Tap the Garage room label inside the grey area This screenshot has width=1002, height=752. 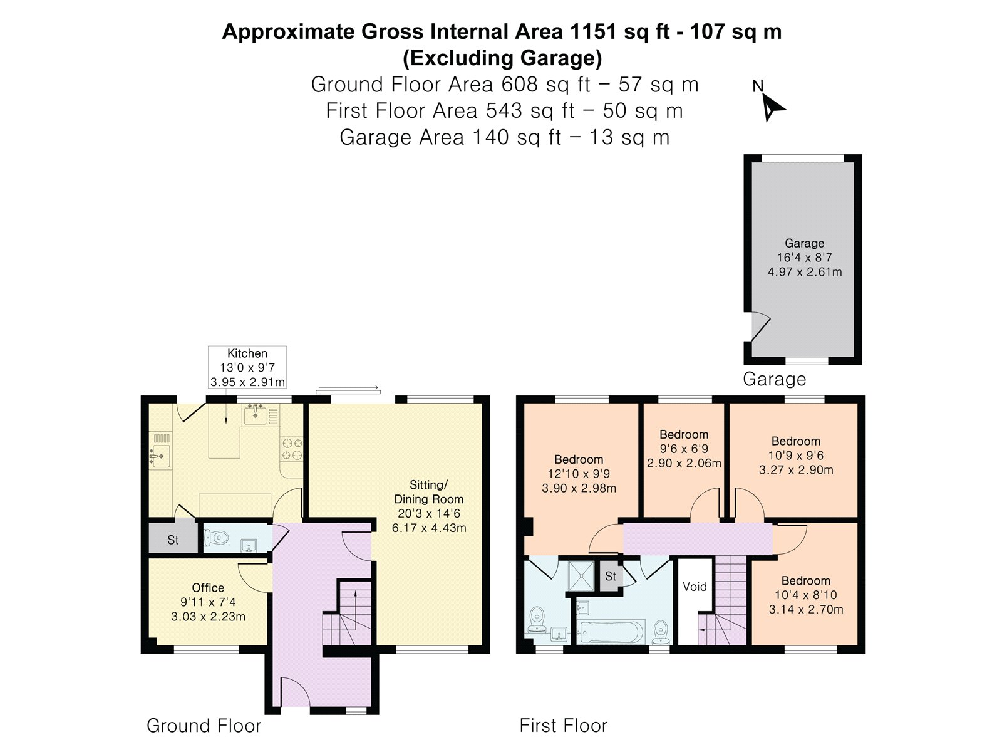coord(804,243)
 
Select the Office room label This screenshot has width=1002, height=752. coord(208,588)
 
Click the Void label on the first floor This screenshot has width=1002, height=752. coord(695,587)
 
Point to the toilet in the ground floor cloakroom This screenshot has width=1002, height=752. coord(215,538)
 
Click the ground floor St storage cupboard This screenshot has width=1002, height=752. coord(173,540)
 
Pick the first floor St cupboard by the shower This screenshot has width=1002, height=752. coord(611,576)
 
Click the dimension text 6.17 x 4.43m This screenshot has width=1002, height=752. coord(429,528)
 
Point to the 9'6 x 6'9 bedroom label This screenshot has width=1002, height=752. coord(684,449)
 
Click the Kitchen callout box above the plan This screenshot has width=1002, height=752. coord(247,367)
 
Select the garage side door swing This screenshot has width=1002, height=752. coord(760,326)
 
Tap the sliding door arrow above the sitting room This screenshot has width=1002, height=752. coord(348,390)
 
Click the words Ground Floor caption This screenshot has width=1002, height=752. coord(204,726)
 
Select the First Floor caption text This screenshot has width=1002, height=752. coord(563,726)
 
